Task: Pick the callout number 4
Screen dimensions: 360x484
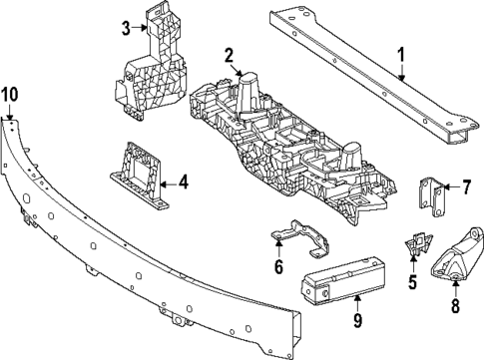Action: click(182, 181)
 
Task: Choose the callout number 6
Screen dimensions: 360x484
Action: click(278, 266)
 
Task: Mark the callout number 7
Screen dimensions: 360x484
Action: click(464, 185)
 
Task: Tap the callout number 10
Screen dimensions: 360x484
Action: click(9, 96)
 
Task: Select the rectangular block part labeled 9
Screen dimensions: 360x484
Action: click(339, 282)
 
